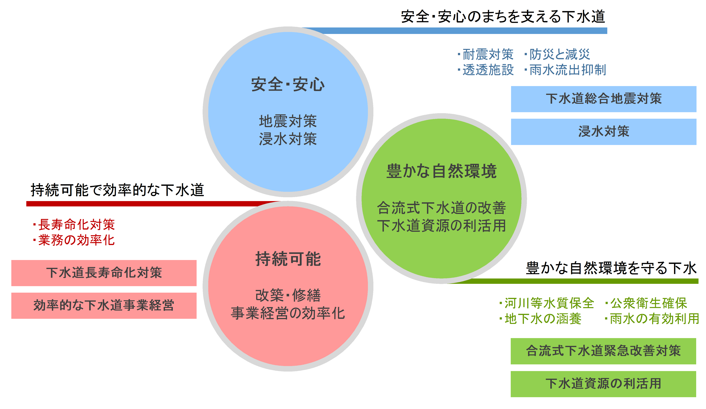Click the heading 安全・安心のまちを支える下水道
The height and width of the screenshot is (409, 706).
click(503, 16)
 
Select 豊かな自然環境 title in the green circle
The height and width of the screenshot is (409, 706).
click(441, 171)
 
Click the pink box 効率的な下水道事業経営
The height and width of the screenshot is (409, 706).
click(104, 306)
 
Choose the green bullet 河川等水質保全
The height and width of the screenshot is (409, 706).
click(547, 303)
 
